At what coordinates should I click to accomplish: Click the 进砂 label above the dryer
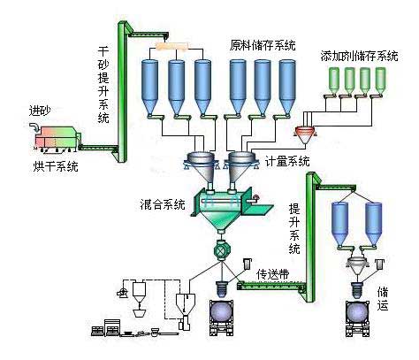41,111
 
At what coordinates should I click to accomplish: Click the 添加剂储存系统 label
359,56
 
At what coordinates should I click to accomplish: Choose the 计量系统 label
287,161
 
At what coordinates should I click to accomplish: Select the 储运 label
383,297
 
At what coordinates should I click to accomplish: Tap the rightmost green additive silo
381,80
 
